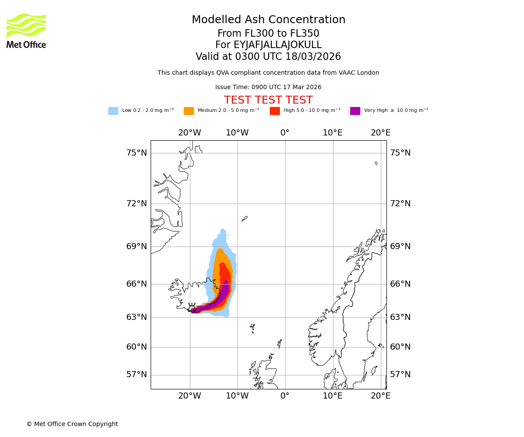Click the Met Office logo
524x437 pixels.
tap(26, 31)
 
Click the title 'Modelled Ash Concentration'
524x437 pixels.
tap(268, 20)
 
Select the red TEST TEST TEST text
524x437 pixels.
tap(268, 100)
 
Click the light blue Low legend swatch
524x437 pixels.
tap(113, 111)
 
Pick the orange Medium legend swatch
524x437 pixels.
tap(189, 111)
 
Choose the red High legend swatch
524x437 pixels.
tap(275, 111)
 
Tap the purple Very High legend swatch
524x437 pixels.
tap(355, 111)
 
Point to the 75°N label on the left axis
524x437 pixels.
tap(137, 153)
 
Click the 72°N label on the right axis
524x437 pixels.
tap(400, 204)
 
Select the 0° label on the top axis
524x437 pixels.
tap(285, 133)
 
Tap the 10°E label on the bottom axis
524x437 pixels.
tap(332, 396)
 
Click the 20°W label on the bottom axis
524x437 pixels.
tap(190, 396)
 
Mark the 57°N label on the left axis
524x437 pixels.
tap(137, 375)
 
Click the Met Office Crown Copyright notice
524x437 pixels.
tap(72, 424)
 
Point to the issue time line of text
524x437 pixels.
tap(268, 87)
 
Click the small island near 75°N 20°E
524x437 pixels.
tap(376, 163)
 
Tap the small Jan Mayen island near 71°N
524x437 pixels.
tap(245, 218)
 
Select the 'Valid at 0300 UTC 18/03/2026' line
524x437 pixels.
tap(268, 57)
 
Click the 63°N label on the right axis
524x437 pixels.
tap(400, 317)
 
